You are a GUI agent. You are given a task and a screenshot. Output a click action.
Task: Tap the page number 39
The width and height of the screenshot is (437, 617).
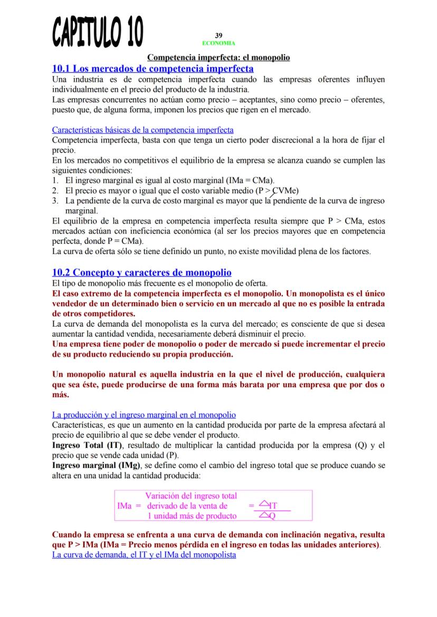(x=218, y=35)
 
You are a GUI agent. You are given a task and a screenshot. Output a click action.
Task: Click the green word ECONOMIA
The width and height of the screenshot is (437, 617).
(x=218, y=43)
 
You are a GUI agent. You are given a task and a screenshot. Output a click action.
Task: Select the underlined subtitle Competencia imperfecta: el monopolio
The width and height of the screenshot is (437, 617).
(x=218, y=57)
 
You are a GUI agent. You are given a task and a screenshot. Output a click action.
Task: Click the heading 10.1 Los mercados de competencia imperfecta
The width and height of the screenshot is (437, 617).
(x=153, y=68)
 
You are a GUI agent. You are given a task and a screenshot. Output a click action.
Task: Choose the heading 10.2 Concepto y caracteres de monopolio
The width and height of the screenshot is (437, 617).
(x=141, y=272)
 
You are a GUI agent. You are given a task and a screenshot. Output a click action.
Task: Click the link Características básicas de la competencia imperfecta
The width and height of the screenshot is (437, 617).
(x=142, y=130)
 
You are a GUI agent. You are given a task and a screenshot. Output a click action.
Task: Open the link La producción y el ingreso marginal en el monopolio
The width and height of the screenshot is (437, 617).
(x=144, y=415)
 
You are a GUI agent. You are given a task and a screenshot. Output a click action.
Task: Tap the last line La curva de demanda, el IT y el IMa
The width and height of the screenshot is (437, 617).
(x=144, y=555)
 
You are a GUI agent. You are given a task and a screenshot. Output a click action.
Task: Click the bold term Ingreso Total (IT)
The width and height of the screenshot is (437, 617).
(x=84, y=445)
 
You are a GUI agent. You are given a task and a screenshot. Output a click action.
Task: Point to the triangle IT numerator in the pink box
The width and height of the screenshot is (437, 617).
(x=269, y=506)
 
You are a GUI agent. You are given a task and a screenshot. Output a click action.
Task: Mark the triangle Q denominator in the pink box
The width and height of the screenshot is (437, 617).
(x=269, y=516)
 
